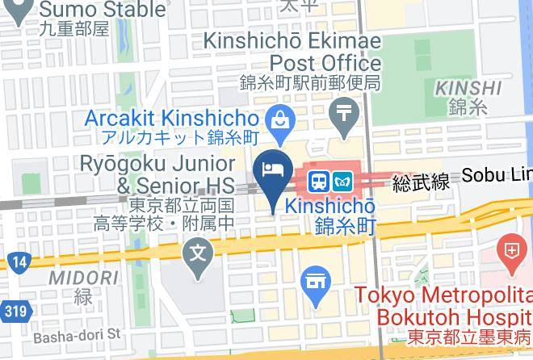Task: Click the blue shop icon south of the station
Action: pos(316,283)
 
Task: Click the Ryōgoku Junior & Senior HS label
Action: pos(157,174)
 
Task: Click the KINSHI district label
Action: pos(468,87)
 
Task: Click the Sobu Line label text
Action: pos(496,176)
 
